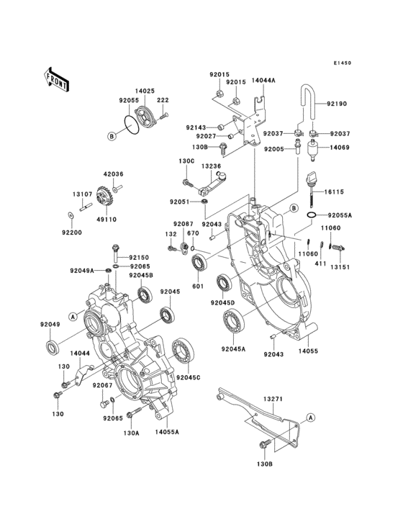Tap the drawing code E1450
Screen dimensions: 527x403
tap(342, 63)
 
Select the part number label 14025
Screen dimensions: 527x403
tap(146, 92)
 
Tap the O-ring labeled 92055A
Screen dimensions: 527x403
tap(312, 215)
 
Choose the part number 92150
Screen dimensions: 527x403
tap(139, 257)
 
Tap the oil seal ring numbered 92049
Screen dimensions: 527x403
tap(52, 348)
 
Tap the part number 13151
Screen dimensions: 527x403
tap(341, 266)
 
